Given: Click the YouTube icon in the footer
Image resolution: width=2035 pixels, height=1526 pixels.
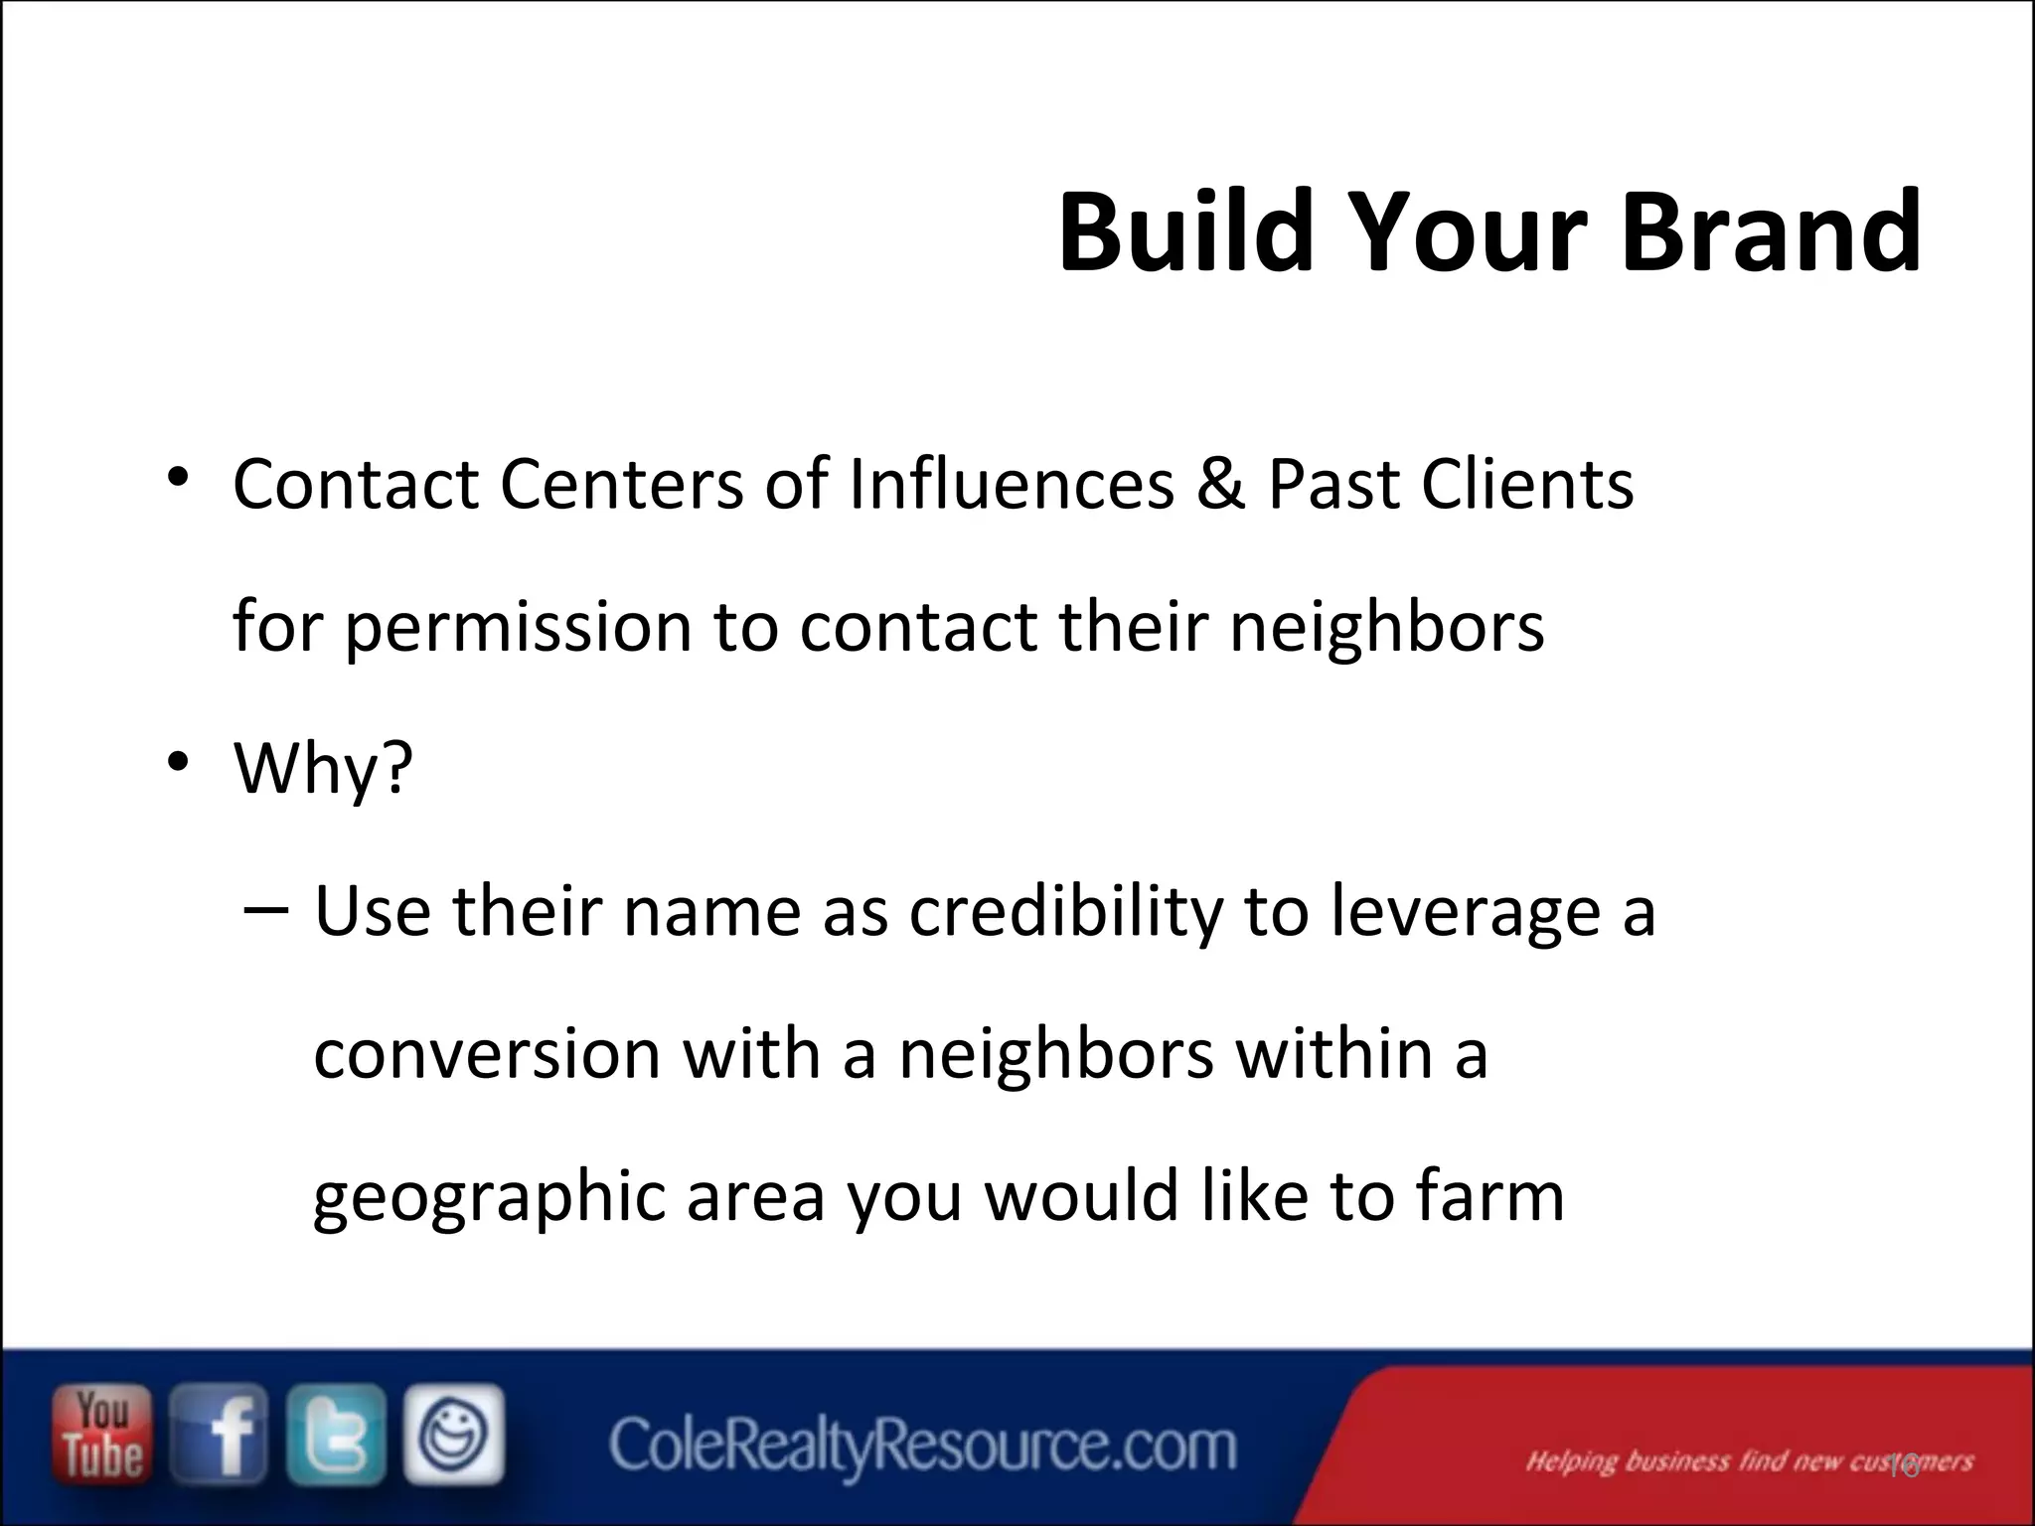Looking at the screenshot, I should click(x=102, y=1435).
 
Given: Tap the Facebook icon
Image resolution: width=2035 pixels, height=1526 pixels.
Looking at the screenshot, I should click(x=219, y=1435).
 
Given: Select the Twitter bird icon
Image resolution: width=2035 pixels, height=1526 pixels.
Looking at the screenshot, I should click(x=336, y=1435).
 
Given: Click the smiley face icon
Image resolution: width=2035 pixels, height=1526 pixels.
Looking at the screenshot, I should click(x=454, y=1435).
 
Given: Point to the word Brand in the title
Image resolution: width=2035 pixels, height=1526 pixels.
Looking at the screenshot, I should click(x=1771, y=234).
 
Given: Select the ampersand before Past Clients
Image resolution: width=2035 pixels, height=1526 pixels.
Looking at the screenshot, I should click(x=1221, y=485).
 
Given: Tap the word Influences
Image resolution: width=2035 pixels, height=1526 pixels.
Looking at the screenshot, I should click(x=1011, y=485).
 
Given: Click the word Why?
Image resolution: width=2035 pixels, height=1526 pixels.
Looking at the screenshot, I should click(x=323, y=769).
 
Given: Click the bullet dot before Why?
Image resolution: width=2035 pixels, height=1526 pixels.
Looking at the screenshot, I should click(x=178, y=763).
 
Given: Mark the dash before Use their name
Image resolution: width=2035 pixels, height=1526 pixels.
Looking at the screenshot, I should click(x=265, y=907).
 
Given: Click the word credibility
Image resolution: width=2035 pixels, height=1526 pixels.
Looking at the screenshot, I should click(x=1065, y=912).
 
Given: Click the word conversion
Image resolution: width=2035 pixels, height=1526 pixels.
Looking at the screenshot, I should click(x=487, y=1053).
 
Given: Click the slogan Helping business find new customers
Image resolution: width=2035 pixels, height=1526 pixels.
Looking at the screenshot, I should click(x=1749, y=1461).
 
